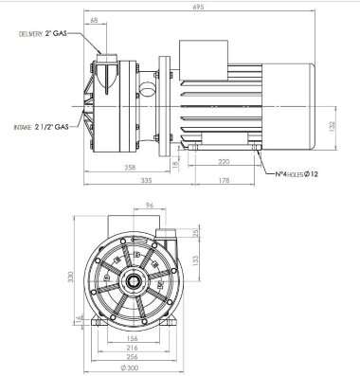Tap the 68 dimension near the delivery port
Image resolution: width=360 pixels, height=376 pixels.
pos(95,19)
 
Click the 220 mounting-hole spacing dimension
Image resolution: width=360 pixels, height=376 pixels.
pos(223,161)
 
